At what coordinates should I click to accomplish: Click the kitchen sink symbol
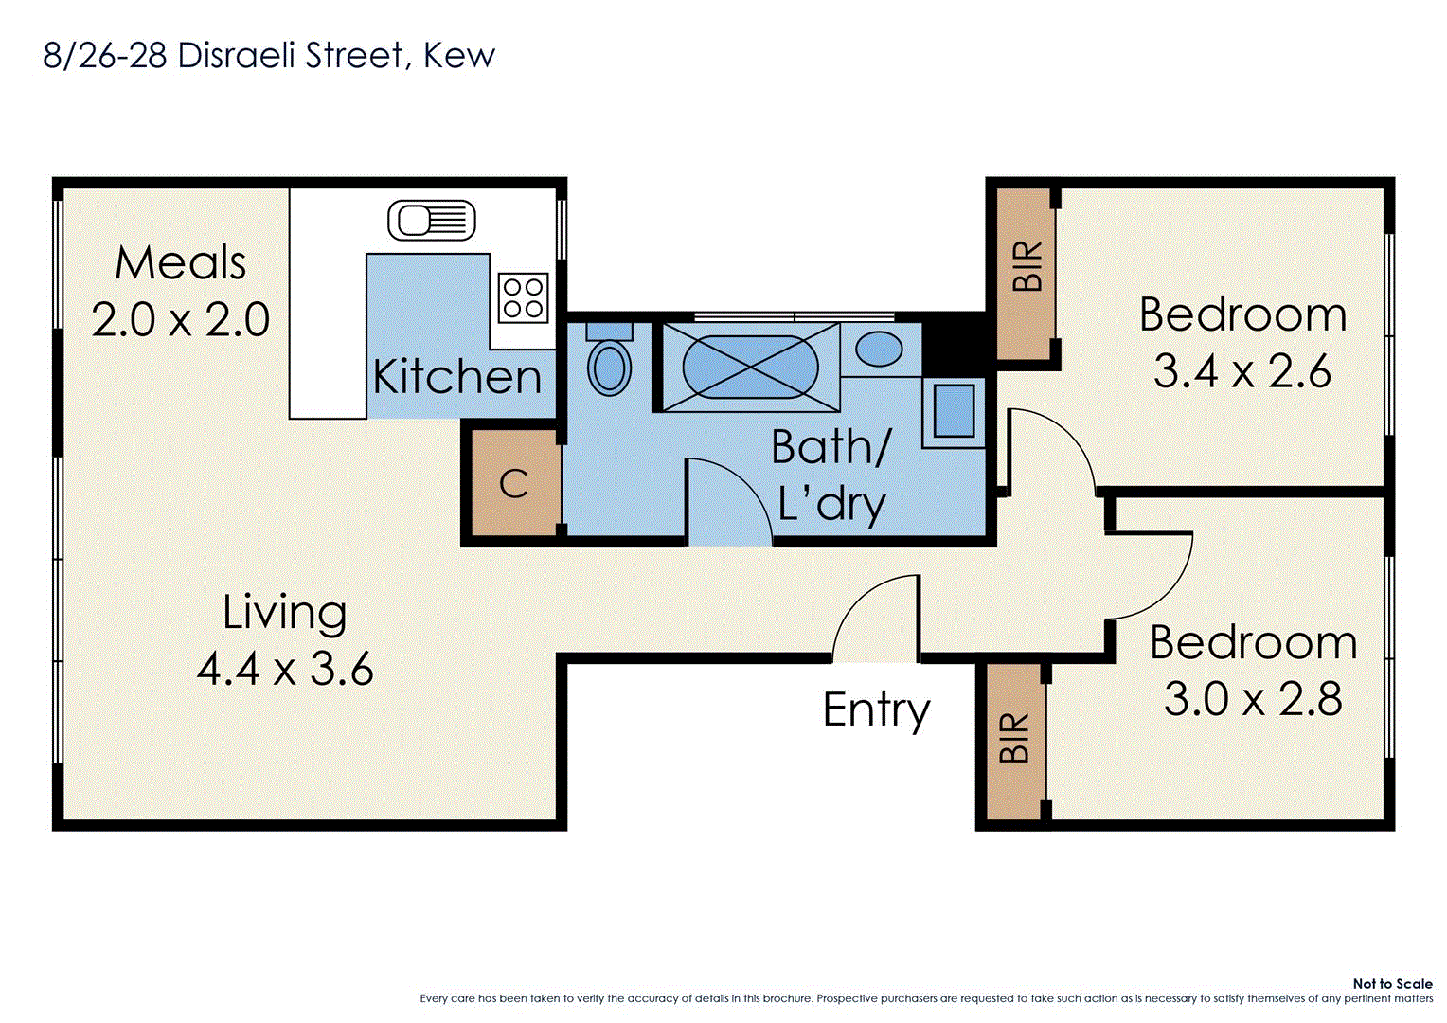[432, 221]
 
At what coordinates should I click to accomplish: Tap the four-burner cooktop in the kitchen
[523, 297]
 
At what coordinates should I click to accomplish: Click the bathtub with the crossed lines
[750, 368]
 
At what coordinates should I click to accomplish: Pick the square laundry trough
[954, 412]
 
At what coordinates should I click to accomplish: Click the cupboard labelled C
[512, 484]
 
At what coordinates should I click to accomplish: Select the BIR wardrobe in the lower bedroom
[1014, 739]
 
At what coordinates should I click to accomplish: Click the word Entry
[876, 709]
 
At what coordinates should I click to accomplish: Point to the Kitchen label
[457, 377]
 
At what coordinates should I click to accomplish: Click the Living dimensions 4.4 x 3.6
[285, 670]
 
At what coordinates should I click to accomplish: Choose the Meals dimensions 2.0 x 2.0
[181, 319]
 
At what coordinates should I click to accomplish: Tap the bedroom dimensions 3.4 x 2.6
[1242, 370]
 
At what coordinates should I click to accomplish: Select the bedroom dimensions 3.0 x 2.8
[1252, 699]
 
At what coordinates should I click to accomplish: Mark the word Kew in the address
[458, 56]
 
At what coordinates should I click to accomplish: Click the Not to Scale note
[1391, 984]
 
